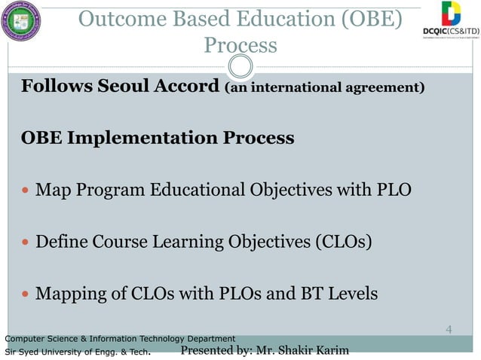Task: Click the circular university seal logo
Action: point(23,23)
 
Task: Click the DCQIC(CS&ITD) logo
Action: point(451,21)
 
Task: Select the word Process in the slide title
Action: point(240,45)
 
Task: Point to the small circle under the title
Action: point(240,69)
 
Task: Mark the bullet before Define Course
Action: point(26,243)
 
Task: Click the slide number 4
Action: point(449,329)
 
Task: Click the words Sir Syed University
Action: point(41,352)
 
